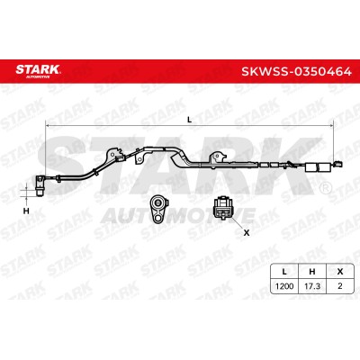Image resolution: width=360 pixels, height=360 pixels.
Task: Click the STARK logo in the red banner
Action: click(38, 71)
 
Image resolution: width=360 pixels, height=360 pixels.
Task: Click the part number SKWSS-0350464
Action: click(296, 72)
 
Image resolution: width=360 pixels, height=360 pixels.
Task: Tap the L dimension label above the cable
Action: click(189, 120)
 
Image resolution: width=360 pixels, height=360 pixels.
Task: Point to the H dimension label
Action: click(26, 211)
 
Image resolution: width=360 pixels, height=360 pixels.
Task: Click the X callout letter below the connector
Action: click(247, 232)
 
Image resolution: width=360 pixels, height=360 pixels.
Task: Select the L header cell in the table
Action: click(284, 272)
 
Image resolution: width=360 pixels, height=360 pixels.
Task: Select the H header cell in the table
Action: click(312, 272)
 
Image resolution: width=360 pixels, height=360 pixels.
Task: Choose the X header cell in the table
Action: click(340, 272)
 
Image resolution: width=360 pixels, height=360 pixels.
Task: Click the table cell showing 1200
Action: click(284, 286)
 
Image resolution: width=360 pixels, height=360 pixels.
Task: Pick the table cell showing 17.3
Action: click(312, 286)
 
